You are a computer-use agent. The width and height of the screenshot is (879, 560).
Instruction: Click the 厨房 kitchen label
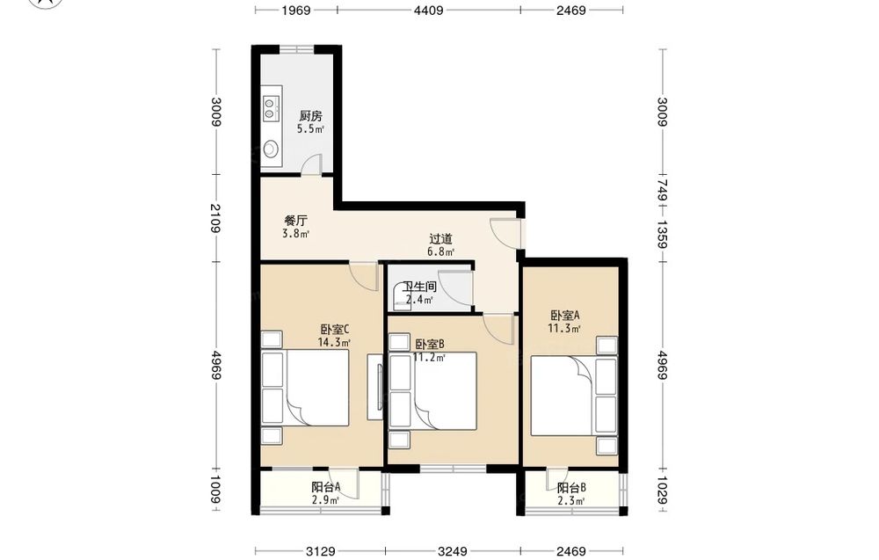[310, 116]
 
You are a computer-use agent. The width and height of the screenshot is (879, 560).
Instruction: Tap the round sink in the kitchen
[271, 149]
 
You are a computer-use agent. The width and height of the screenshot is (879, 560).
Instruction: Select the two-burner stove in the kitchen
[270, 108]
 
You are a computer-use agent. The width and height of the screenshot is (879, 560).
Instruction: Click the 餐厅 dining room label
[295, 221]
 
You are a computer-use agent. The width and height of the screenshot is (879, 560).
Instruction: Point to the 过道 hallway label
[440, 239]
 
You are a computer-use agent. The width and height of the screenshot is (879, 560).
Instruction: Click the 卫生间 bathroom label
[420, 287]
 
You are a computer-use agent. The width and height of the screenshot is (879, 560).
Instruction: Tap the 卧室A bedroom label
[564, 315]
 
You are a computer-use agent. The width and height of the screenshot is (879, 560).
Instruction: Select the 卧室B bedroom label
[430, 344]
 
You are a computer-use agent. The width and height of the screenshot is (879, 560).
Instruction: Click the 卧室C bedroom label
[335, 329]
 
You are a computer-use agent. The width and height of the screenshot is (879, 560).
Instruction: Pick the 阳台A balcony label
[326, 487]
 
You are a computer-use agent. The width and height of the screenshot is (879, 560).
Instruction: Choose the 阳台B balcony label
[572, 488]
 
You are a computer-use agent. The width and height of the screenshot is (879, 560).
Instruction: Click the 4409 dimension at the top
[429, 10]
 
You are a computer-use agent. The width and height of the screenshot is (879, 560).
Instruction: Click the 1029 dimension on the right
[663, 490]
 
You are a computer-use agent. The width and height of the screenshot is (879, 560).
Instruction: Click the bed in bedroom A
[574, 396]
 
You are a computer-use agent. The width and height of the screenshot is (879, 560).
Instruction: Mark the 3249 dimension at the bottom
[453, 551]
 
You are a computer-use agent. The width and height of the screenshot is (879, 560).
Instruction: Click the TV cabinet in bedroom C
[375, 387]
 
